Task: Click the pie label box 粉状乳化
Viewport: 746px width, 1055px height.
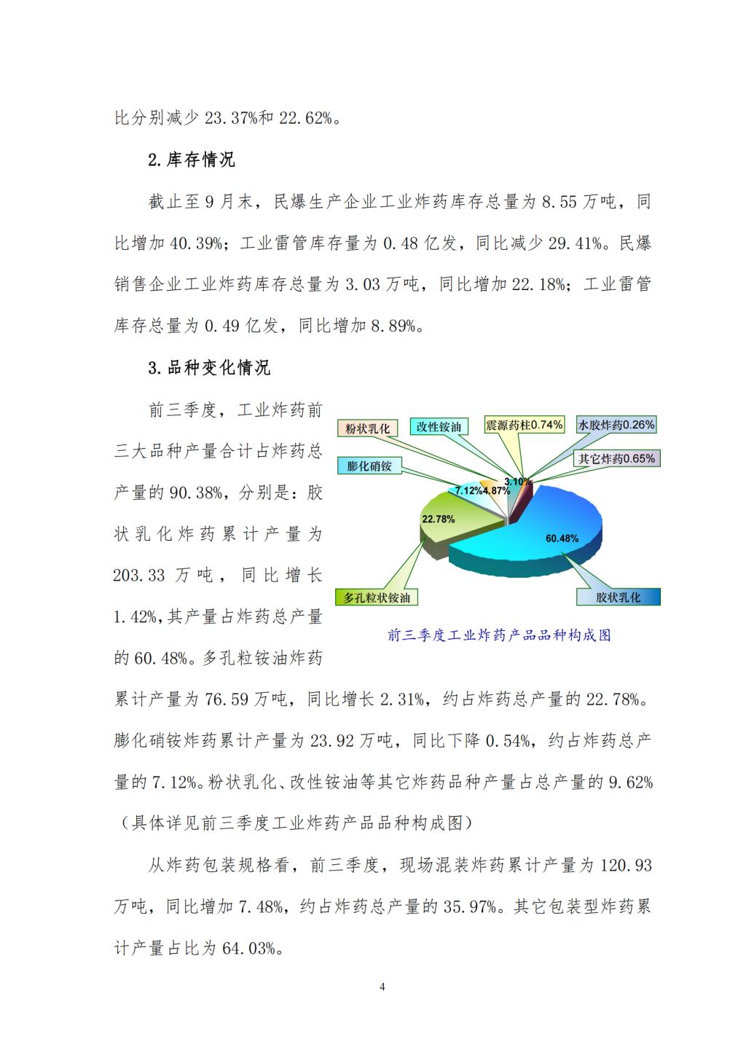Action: tap(368, 428)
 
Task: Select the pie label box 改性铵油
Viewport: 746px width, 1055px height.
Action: tap(439, 427)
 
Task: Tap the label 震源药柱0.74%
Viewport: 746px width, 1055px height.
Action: tap(525, 425)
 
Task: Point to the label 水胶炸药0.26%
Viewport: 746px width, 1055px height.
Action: tap(616, 425)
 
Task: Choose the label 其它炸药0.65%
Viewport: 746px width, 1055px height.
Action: tap(616, 458)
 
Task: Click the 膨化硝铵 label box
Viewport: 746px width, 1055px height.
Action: tap(370, 466)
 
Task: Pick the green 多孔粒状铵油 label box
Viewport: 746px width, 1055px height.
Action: tap(377, 597)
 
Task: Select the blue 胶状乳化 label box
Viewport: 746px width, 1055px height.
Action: tap(618, 597)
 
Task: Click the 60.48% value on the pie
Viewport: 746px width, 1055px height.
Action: tap(562, 538)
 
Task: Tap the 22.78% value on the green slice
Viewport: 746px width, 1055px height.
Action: tap(438, 519)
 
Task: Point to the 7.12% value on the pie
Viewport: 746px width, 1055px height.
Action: tap(468, 490)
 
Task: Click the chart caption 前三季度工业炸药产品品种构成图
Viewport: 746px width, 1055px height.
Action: tap(499, 635)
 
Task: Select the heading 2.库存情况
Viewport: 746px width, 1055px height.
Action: tap(192, 160)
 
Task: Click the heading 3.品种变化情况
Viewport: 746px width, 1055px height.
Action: tap(209, 368)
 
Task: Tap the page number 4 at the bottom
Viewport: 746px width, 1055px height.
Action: tap(382, 987)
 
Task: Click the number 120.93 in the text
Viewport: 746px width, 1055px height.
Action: tap(626, 866)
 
